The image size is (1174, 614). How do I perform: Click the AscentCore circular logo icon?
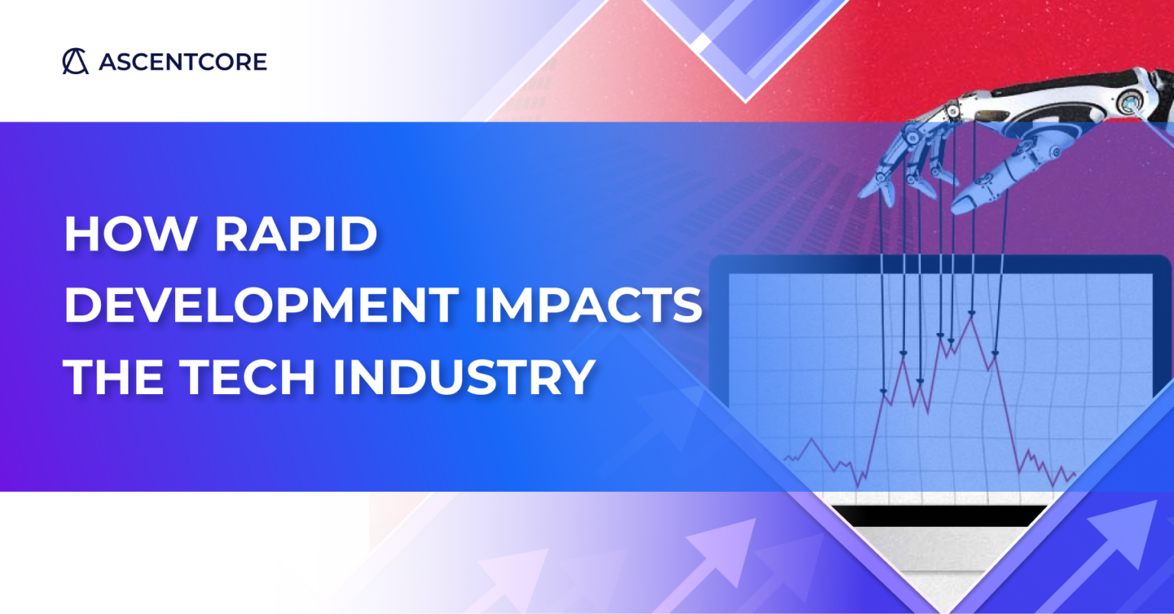tap(75, 61)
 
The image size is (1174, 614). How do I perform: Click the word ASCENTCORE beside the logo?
tap(183, 62)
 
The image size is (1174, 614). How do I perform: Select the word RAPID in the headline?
tap(297, 234)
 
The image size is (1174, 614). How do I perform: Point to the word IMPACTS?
tap(588, 305)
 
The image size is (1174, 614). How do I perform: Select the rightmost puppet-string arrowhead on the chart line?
tap(995, 353)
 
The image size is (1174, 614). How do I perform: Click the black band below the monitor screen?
tap(940, 516)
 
